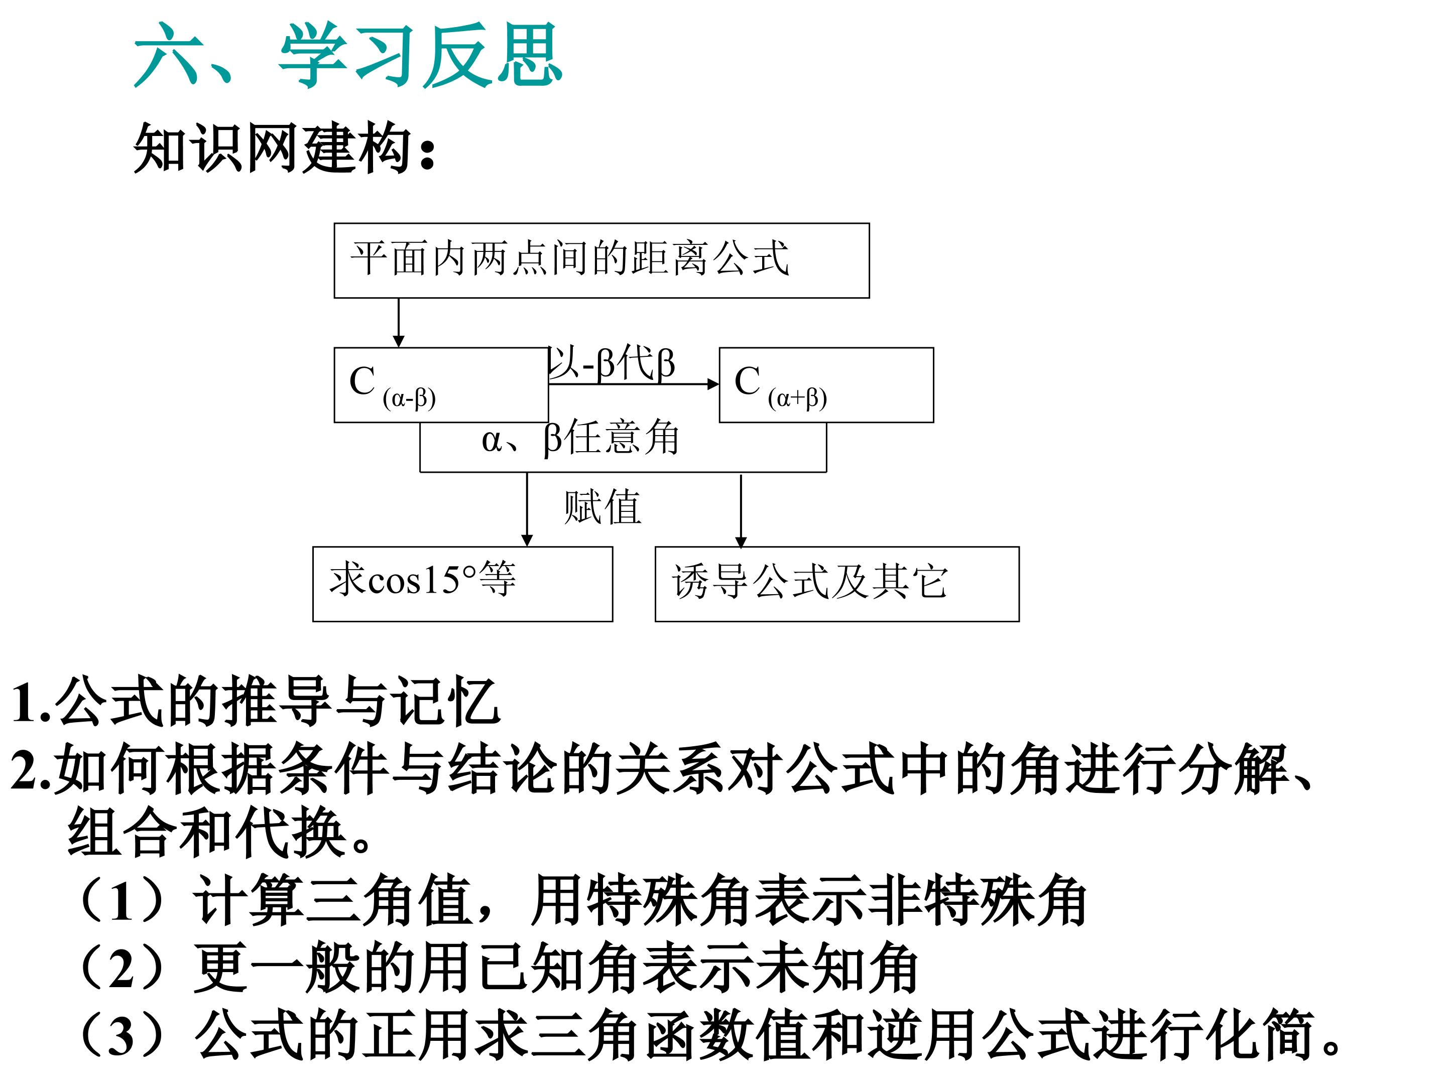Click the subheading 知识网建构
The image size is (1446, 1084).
[284, 149]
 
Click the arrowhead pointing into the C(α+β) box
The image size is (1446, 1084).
[713, 384]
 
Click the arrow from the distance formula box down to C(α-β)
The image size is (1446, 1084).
[398, 323]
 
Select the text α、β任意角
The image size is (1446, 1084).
[580, 438]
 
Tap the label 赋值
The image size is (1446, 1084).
[602, 506]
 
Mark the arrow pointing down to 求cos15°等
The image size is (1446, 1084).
[527, 509]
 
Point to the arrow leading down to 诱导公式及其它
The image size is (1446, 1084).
[741, 511]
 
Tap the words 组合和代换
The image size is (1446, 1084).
[205, 833]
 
